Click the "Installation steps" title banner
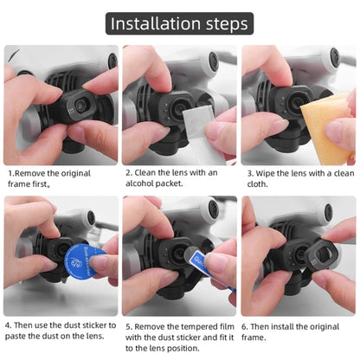pos(180,22)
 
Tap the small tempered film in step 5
pos(195,256)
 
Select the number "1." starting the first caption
pos(10,172)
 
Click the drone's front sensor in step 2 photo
pos(213,61)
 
